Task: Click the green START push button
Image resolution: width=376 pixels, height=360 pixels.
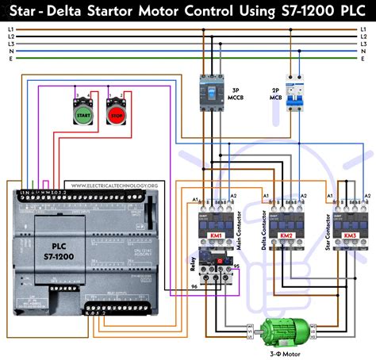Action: point(82,115)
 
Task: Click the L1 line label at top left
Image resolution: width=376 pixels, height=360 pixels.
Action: point(10,29)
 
